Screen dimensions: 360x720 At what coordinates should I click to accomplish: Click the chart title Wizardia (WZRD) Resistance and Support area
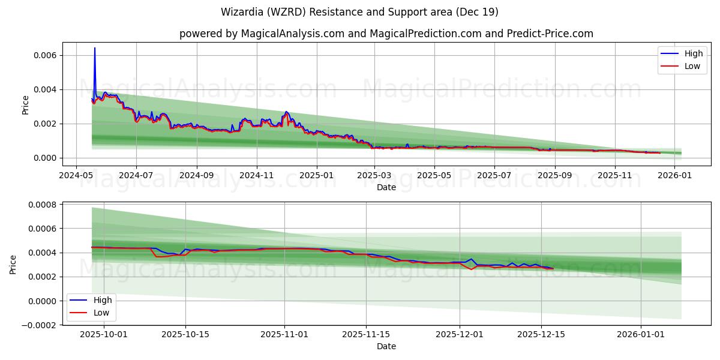[x=359, y=12]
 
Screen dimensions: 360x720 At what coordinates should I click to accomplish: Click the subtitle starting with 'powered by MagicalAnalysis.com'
[x=386, y=34]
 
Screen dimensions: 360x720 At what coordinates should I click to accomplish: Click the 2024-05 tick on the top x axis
[x=76, y=176]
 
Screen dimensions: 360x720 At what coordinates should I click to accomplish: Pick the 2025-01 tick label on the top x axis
[x=316, y=176]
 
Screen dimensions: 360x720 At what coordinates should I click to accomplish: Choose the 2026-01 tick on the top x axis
[x=676, y=176]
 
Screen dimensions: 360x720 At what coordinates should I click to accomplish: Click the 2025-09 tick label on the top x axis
[x=555, y=176]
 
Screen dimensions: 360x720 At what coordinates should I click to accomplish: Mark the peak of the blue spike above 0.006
[x=94, y=48]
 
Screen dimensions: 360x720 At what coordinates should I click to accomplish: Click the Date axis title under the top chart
[x=386, y=187]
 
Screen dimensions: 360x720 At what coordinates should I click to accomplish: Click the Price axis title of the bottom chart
[x=13, y=264]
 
